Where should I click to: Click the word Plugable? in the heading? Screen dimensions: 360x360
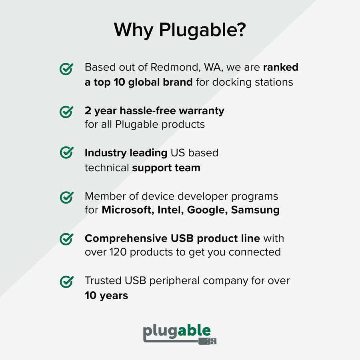coord(202,31)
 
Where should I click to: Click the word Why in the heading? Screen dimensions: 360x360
coord(134,30)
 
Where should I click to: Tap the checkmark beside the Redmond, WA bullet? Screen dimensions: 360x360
coord(66,68)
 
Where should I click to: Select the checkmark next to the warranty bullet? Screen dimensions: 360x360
coord(66,111)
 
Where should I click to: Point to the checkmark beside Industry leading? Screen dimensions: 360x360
coord(66,153)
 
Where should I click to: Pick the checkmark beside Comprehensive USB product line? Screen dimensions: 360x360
coord(66,239)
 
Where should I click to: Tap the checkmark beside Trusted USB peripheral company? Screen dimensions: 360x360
coord(66,281)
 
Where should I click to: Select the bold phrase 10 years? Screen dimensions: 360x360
coord(106,296)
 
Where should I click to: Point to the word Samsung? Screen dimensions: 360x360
coord(255,210)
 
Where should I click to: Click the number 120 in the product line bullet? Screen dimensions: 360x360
coord(119,252)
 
